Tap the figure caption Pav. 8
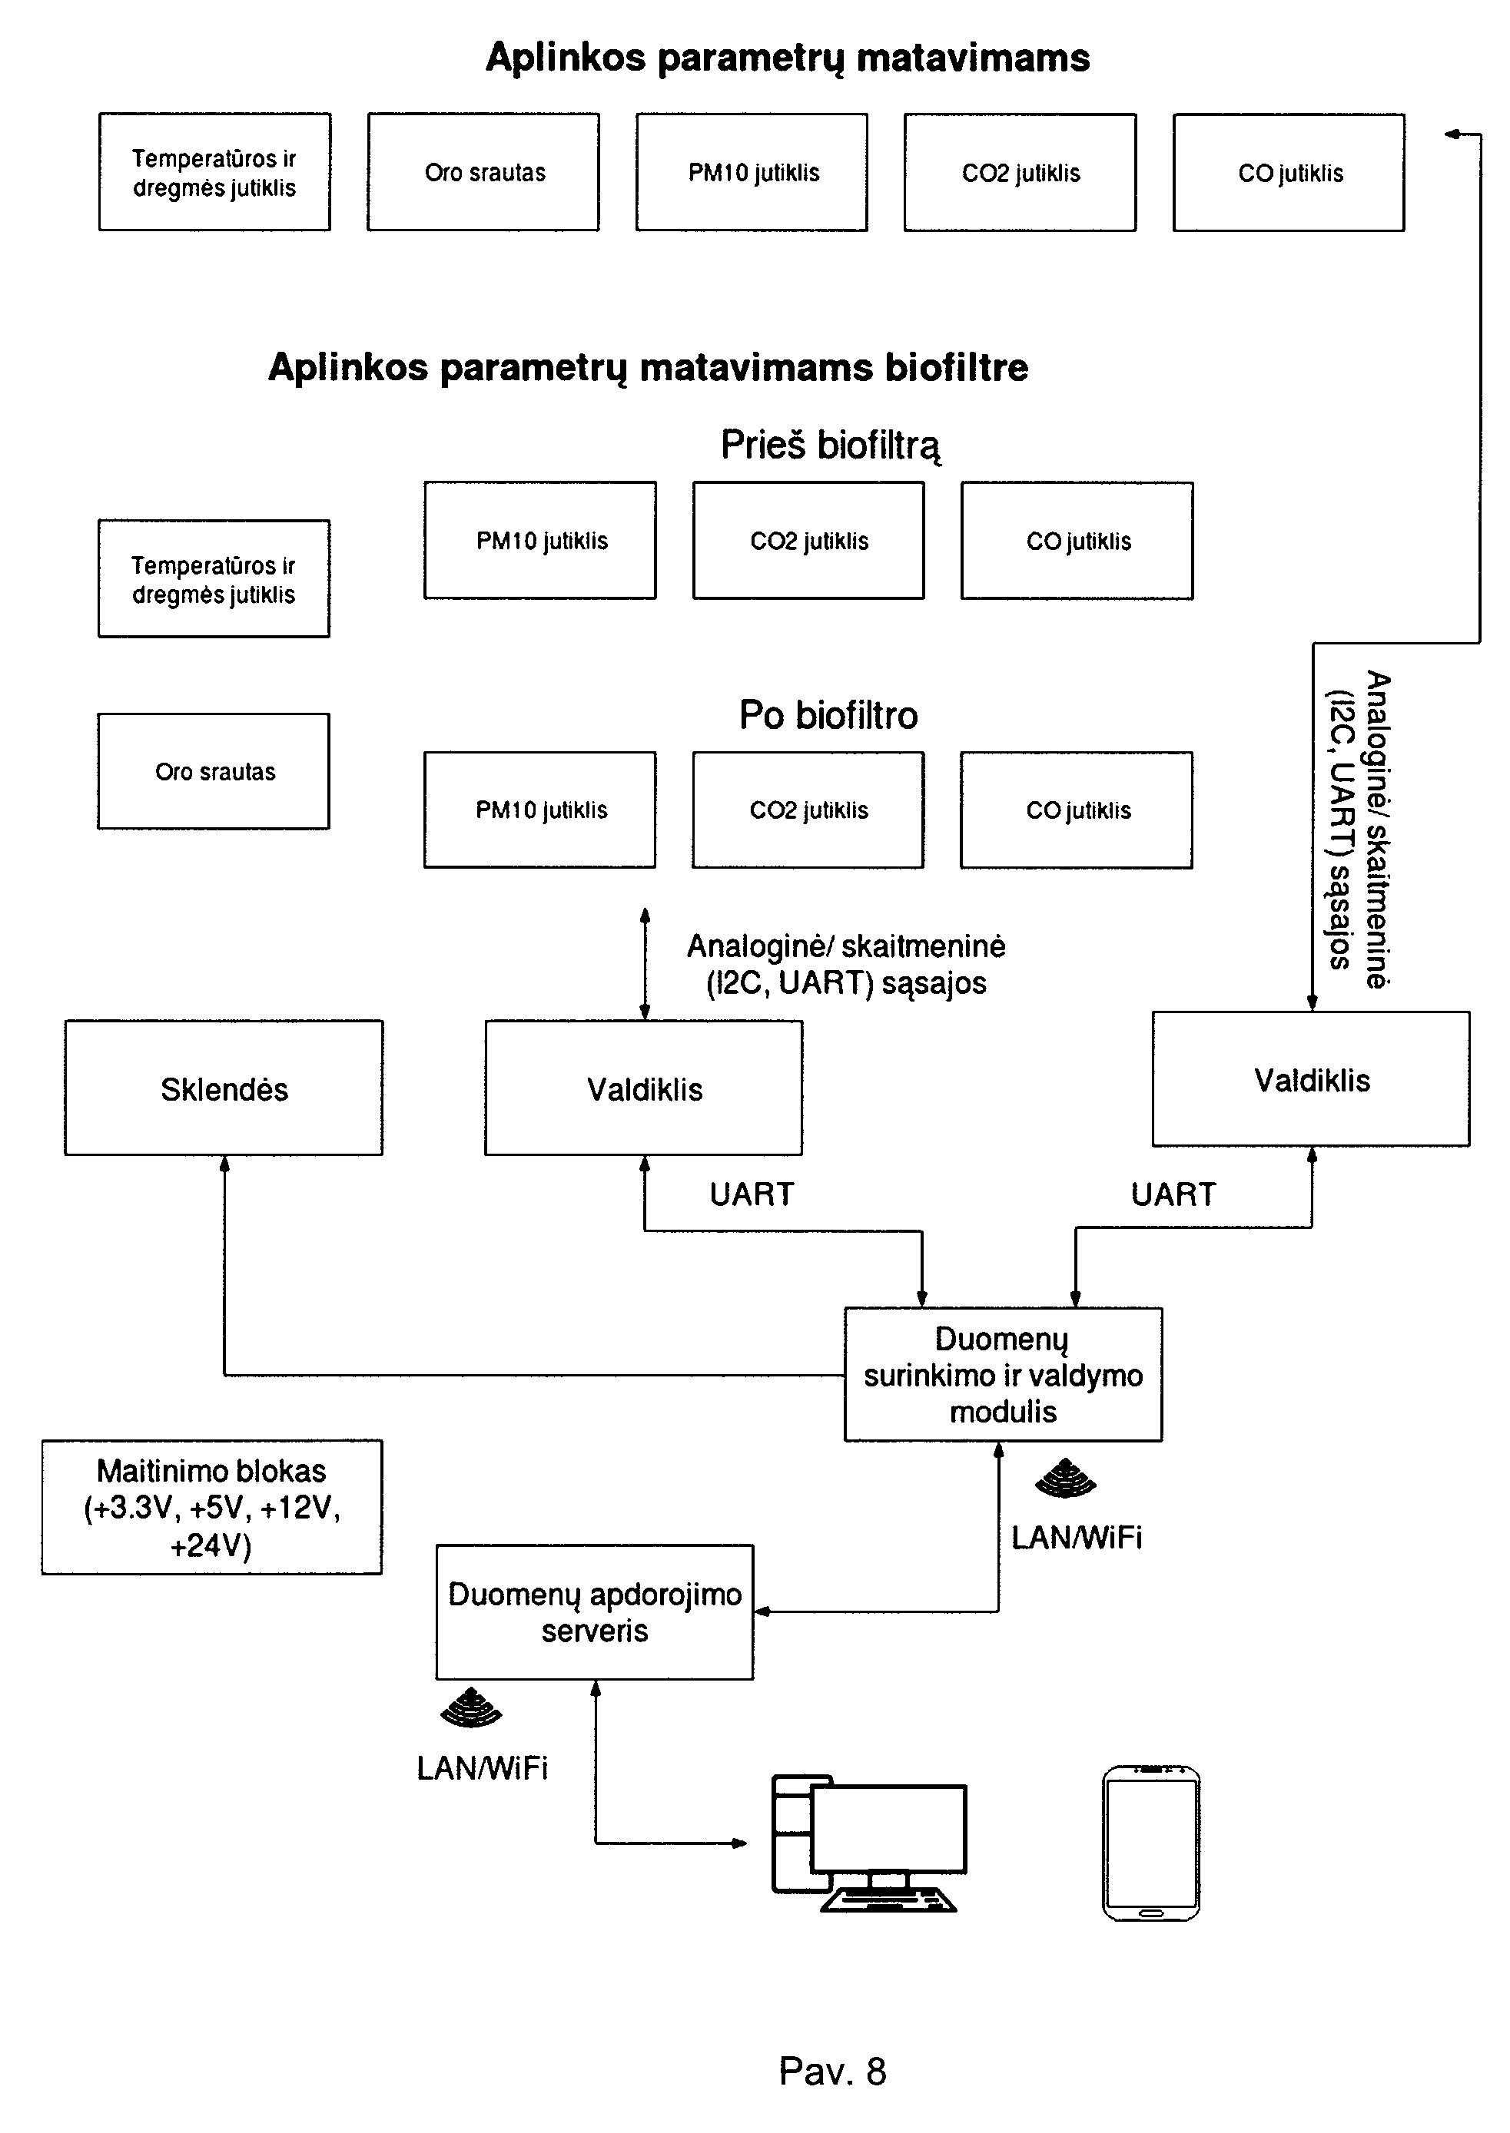pos(832,2072)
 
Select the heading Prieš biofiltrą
pos(831,445)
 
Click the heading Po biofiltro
pos(828,715)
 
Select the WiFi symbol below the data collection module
pos(1066,1479)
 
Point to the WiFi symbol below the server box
pos(470,1707)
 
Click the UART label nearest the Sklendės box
pos(752,1194)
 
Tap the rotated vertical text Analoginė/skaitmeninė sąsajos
pos(1359,829)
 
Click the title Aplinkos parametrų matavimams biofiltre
pos(648,368)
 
